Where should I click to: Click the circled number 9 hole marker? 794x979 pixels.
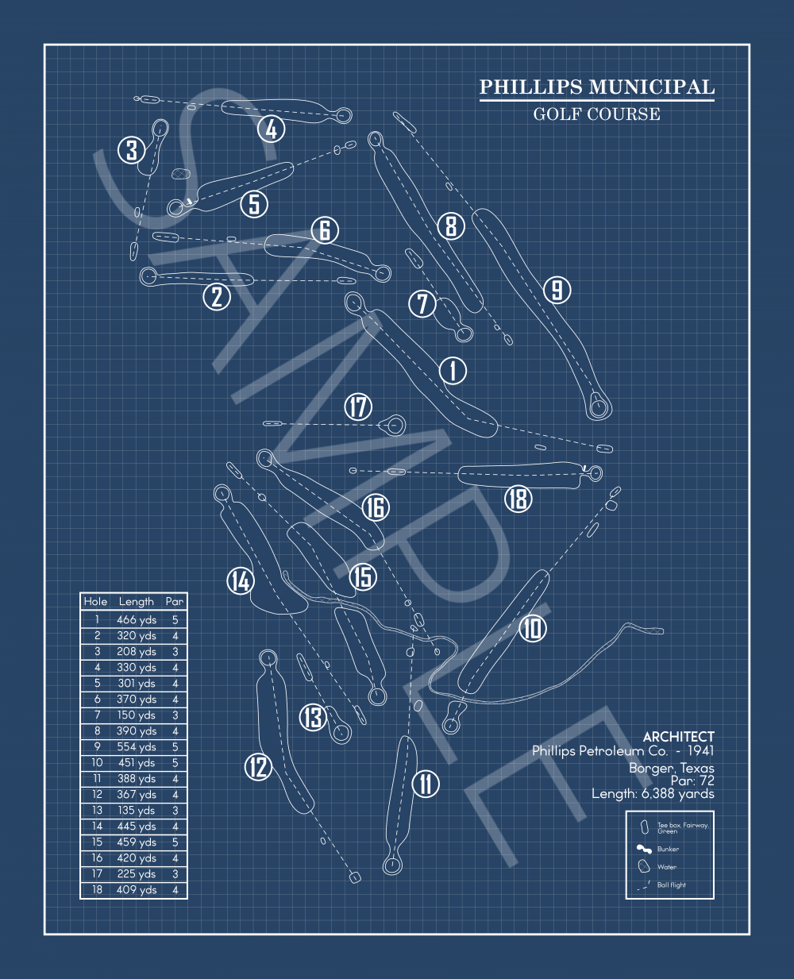coord(557,290)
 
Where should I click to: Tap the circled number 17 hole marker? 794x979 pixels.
coord(358,407)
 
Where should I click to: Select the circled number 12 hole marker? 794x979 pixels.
coord(258,767)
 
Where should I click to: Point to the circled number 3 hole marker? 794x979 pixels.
coord(132,149)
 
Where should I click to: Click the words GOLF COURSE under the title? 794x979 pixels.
coord(596,114)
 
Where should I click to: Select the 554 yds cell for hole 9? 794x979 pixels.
coord(137,747)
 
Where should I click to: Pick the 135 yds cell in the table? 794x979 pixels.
coord(137,811)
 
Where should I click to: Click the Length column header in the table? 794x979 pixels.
coord(137,602)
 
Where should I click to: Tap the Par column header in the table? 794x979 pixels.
coord(175,602)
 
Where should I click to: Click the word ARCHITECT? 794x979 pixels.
coord(678,737)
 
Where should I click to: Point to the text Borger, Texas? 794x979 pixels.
coord(671,768)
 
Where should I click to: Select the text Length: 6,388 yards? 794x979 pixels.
coord(653,793)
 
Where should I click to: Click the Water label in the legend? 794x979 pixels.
coord(667,867)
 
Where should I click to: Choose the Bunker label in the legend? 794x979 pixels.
coord(668,849)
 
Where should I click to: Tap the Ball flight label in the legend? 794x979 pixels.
coord(671,885)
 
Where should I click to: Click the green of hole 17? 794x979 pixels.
coord(395,425)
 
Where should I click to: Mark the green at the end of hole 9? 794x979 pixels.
coord(599,408)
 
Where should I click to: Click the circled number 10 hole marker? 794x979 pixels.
coord(533,629)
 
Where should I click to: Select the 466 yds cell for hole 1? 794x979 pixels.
coord(137,620)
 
